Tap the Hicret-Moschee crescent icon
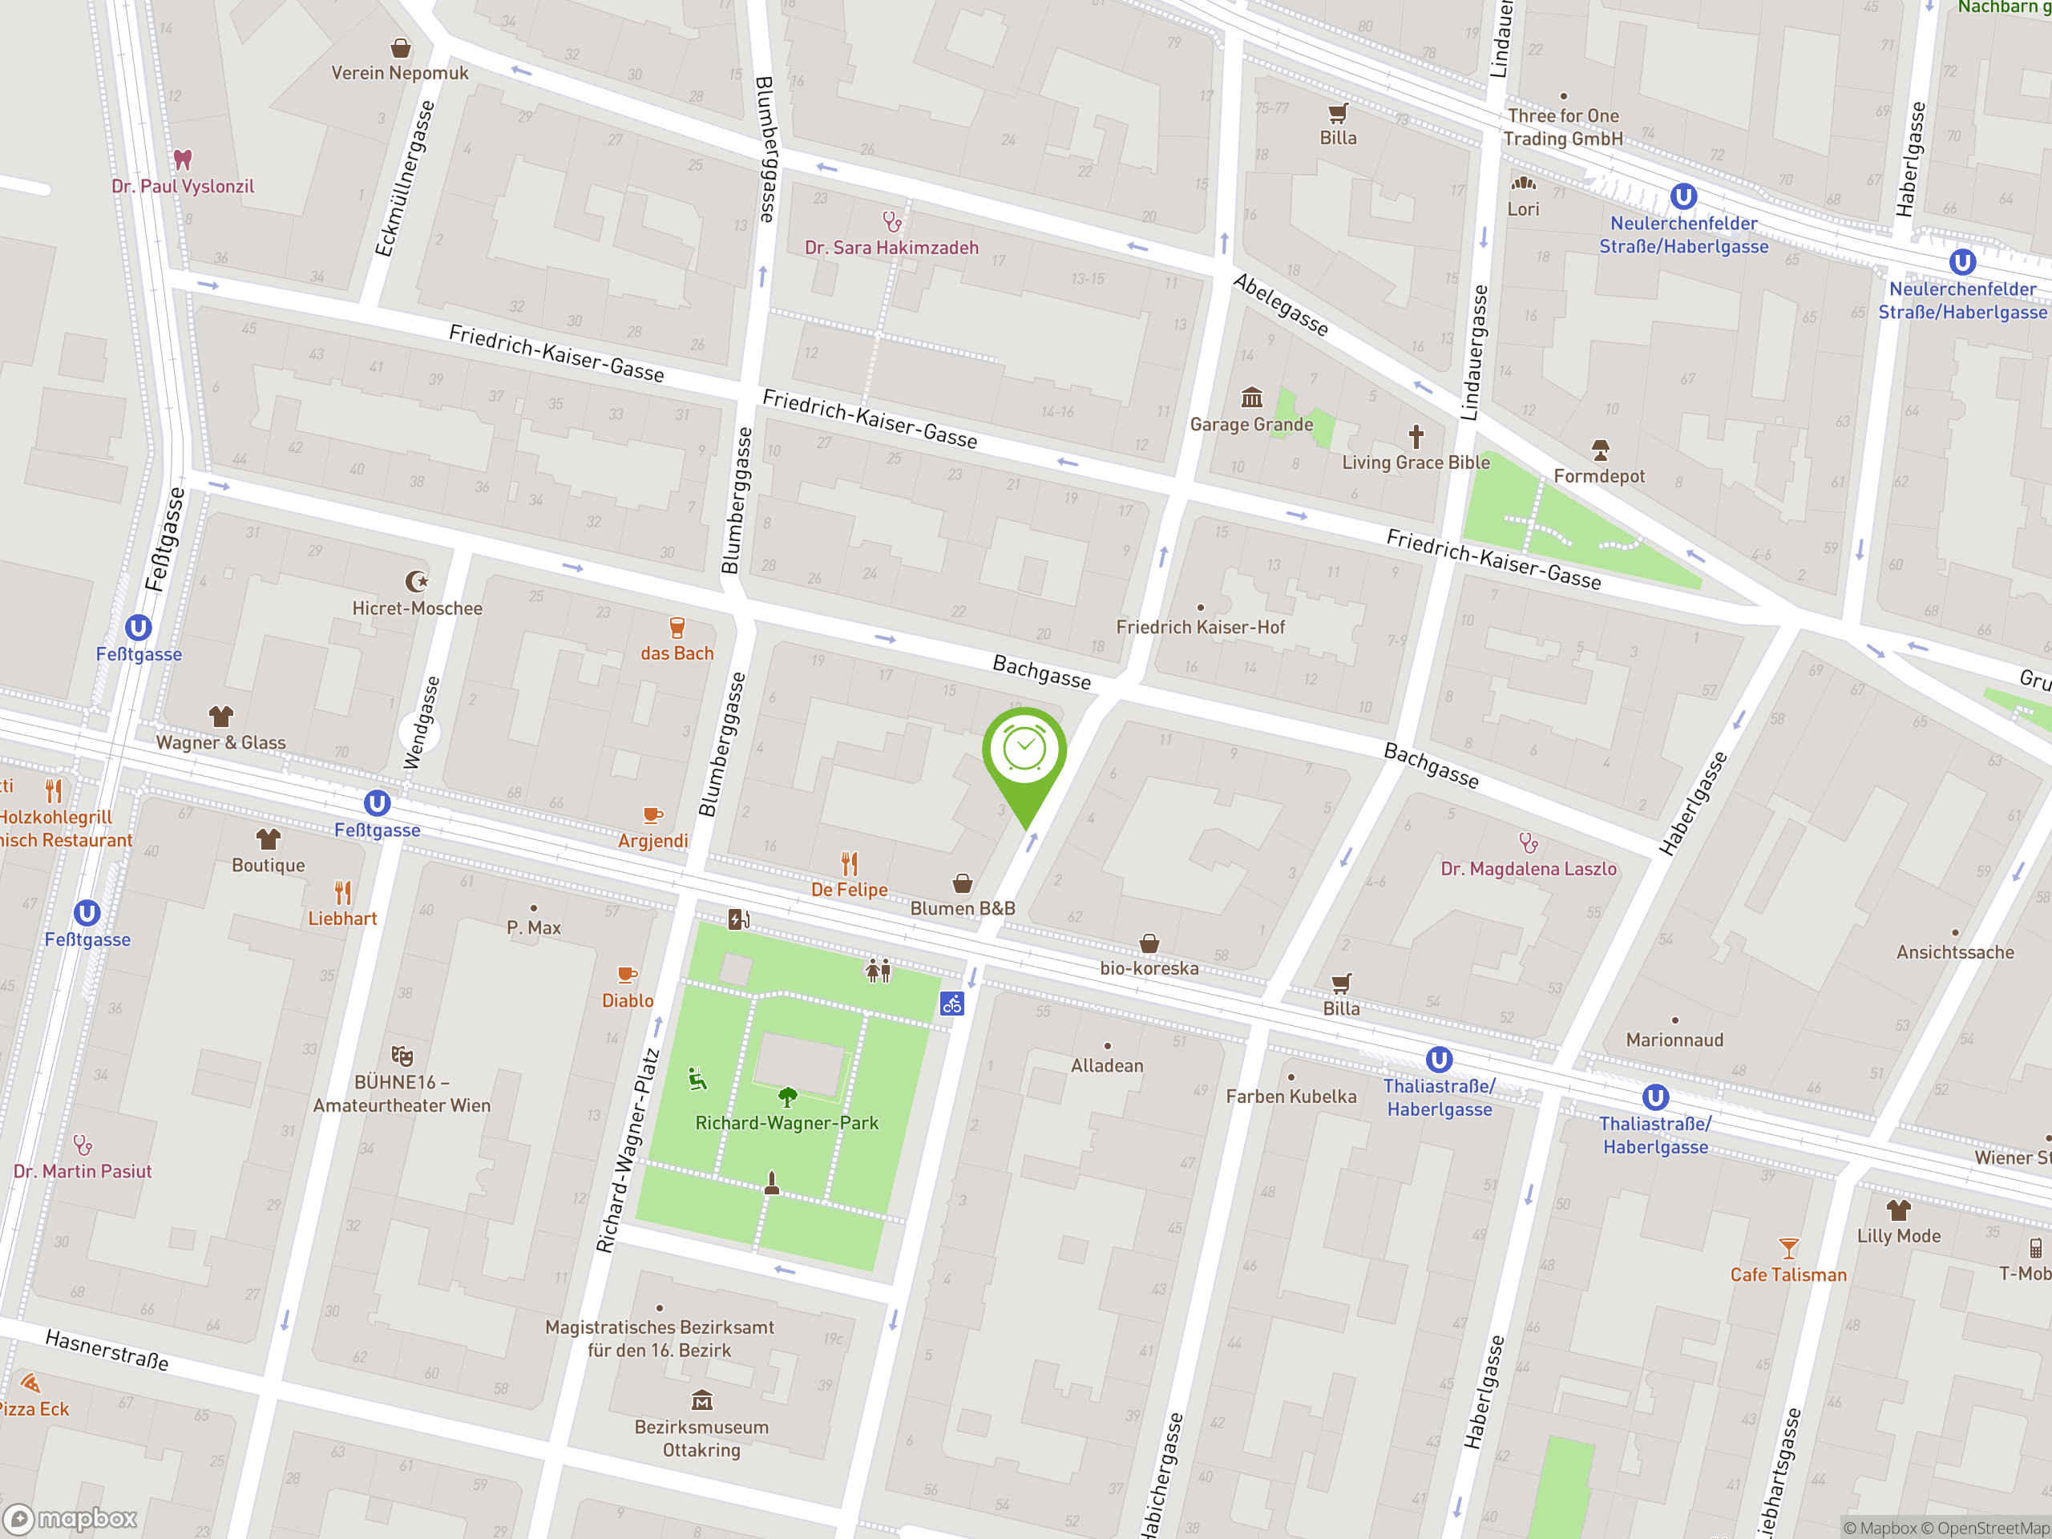coord(418,582)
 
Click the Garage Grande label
coord(1251,425)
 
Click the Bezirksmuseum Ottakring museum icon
coord(702,1400)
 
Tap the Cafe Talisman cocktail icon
coord(1788,1249)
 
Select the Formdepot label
coord(1599,477)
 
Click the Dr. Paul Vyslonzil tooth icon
coord(183,160)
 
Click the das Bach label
coord(677,654)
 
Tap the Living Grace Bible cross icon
coord(1416,436)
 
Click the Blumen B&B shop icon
coord(963,883)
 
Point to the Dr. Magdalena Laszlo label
coord(1528,869)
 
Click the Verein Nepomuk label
coord(400,73)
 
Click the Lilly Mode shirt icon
coord(1898,1210)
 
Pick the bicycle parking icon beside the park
coord(951,1004)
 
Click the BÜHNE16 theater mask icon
coord(402,1056)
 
